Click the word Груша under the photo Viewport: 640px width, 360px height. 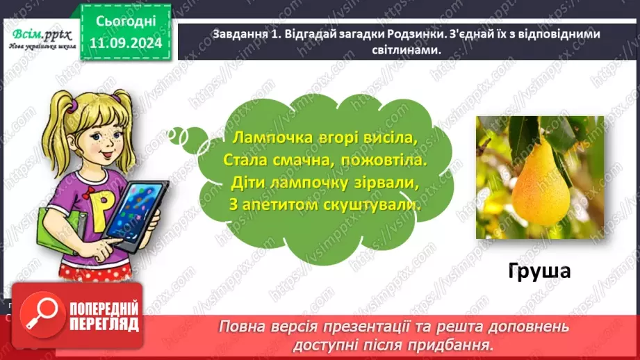539,270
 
